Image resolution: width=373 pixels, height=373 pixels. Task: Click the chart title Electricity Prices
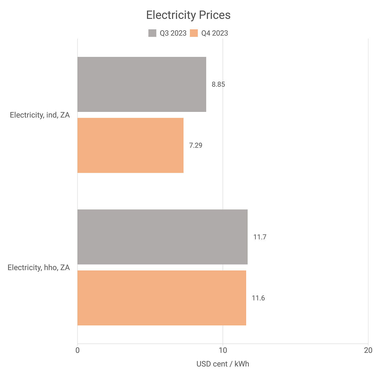click(x=188, y=15)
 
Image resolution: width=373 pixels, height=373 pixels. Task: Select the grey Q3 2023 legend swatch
click(x=152, y=33)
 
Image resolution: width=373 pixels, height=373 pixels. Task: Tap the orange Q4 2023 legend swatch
click(x=194, y=33)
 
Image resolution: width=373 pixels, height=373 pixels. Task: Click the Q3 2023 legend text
click(x=173, y=33)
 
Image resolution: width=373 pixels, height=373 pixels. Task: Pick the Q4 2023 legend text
click(x=214, y=33)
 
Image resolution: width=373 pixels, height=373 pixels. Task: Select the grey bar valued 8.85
click(x=142, y=84)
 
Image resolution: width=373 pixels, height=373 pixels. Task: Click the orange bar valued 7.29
click(x=130, y=145)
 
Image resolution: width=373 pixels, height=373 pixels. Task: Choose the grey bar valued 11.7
click(x=162, y=237)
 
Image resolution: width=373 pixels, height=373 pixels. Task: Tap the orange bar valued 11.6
click(x=162, y=298)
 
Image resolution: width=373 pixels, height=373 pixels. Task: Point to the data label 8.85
click(x=218, y=85)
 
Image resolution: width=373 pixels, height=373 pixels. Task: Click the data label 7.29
click(x=196, y=145)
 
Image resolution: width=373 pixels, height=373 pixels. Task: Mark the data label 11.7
click(x=260, y=237)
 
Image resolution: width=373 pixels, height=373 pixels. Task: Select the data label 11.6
click(x=258, y=298)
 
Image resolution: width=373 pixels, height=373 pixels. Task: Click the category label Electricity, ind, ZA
click(x=40, y=115)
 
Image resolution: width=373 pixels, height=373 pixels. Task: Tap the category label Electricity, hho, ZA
click(x=39, y=268)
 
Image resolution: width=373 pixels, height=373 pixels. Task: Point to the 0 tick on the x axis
click(x=77, y=350)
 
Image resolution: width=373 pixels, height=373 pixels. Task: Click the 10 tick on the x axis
click(x=223, y=350)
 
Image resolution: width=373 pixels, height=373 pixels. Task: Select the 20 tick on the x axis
click(x=368, y=350)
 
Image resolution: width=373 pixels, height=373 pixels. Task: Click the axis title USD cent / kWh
click(x=223, y=364)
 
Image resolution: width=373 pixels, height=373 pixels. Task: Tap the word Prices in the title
click(x=215, y=15)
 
